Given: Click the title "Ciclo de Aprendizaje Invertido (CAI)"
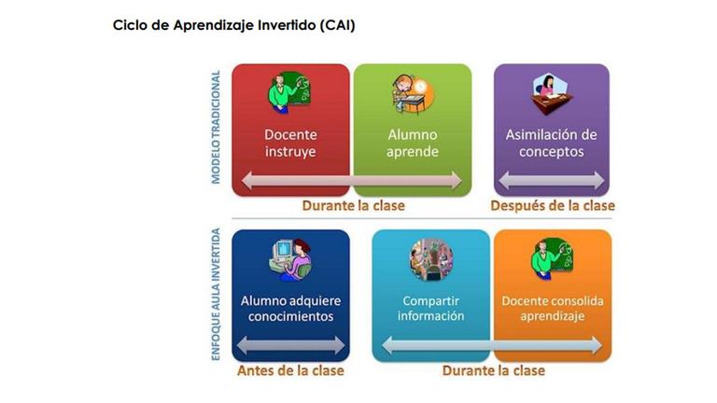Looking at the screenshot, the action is (x=233, y=25).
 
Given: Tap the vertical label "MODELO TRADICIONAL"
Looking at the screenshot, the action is (x=216, y=127).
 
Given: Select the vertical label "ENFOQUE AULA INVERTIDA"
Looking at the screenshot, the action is (x=216, y=294).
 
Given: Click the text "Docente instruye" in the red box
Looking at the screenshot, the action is (x=290, y=143).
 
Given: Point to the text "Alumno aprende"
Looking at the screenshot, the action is (x=413, y=143).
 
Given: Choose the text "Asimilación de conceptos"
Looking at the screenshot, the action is (x=551, y=143).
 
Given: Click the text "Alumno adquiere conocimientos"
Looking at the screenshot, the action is (x=290, y=309).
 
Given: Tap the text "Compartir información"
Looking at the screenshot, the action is (x=430, y=309).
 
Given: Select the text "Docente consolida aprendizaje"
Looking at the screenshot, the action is (x=553, y=309).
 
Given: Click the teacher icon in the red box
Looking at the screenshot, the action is (x=289, y=92).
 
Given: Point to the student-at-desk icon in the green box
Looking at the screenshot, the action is (x=413, y=93).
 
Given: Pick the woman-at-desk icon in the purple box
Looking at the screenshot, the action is (x=552, y=93).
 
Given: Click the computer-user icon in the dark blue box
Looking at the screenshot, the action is (x=291, y=259).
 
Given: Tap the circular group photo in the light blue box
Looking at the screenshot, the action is (x=431, y=259).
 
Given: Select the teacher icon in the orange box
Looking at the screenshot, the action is (x=553, y=258).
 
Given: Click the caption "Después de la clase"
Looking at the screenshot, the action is (x=553, y=205).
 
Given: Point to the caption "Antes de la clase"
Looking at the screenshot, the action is (x=290, y=370).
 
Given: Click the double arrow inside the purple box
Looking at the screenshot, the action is (x=552, y=180).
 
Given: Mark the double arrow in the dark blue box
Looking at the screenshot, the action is (x=291, y=345).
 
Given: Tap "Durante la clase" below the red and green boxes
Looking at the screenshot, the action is (x=354, y=205).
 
